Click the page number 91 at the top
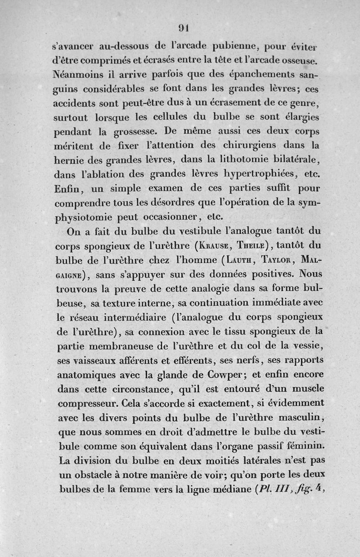(183, 27)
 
